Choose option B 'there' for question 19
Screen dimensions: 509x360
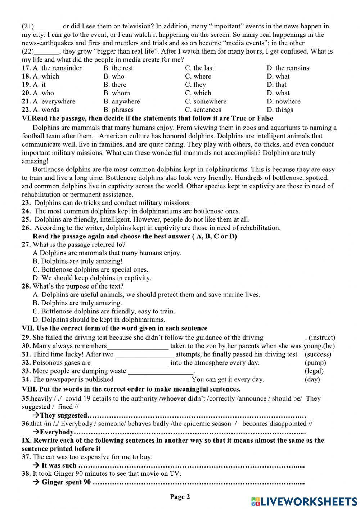click(115, 85)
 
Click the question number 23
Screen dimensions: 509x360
click(26, 203)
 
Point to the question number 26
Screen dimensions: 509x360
click(26, 228)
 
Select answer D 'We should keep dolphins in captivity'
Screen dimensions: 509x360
click(92, 278)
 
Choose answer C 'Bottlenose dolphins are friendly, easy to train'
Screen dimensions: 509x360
click(104, 311)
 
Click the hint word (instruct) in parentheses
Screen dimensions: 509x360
click(322, 338)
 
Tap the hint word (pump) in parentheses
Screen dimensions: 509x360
click(315, 363)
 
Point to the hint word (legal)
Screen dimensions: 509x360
click(314, 371)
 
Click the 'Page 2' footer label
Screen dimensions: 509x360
click(180, 497)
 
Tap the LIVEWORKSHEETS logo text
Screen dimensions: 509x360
click(304, 501)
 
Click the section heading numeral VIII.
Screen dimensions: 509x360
click(29, 389)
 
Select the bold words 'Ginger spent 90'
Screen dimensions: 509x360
click(66, 482)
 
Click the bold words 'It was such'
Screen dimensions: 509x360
click(59, 465)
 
